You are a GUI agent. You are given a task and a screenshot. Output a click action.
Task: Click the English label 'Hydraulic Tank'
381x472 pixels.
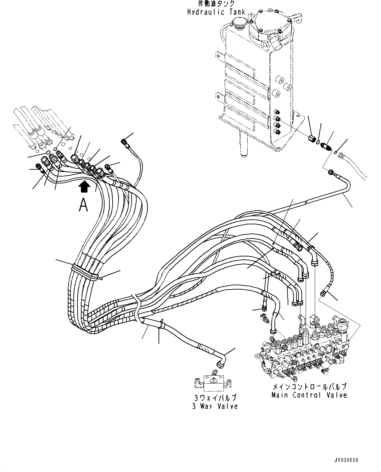coord(216,12)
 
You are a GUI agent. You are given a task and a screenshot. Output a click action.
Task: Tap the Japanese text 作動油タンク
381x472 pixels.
coord(216,4)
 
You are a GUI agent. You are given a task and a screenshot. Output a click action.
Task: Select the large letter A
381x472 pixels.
coord(84,205)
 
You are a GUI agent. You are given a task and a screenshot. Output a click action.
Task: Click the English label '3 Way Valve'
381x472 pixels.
coord(215,406)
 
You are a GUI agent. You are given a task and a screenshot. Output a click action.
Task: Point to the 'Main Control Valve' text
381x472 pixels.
coord(309,395)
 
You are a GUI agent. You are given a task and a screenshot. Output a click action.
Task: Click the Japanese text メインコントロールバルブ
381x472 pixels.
coord(309,387)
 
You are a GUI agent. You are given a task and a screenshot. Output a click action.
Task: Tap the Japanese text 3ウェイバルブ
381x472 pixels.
coord(215,398)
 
